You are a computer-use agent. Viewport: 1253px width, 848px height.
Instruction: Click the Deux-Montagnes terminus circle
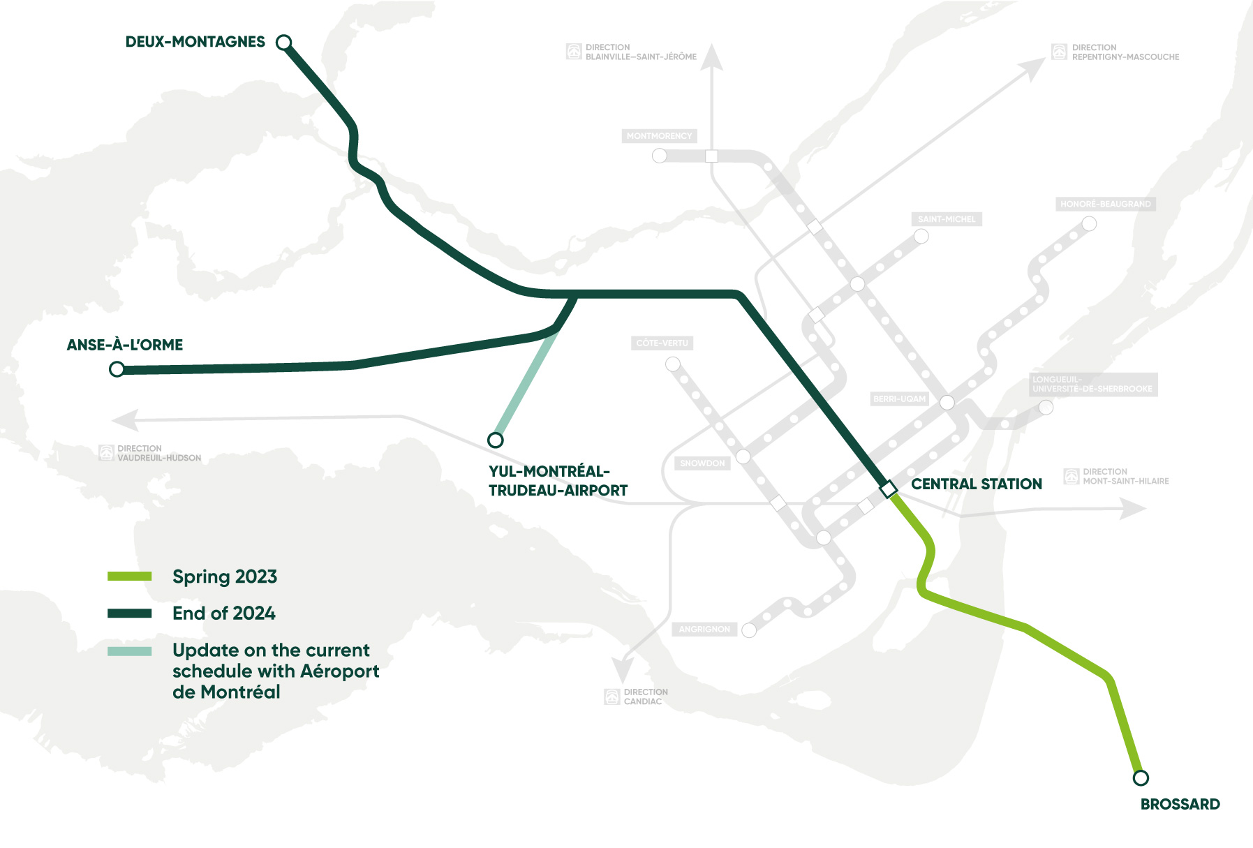click(x=283, y=43)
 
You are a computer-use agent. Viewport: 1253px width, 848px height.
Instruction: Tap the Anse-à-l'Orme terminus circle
click(x=117, y=369)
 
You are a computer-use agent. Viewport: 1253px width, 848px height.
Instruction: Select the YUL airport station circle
click(x=496, y=440)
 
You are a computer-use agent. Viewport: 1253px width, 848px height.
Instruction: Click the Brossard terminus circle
click(x=1141, y=778)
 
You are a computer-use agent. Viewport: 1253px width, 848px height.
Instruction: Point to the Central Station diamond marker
click(x=888, y=489)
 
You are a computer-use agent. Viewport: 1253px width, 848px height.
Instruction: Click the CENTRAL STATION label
click(x=976, y=484)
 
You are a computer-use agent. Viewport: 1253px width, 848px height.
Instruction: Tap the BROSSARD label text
click(x=1180, y=804)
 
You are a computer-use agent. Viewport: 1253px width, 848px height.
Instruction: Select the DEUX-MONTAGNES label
click(x=195, y=42)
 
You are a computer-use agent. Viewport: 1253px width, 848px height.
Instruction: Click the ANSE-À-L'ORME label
click(x=125, y=345)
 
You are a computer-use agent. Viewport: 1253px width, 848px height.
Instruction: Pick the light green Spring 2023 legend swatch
click(x=130, y=577)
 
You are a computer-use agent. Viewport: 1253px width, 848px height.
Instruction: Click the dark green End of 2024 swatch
click(x=130, y=613)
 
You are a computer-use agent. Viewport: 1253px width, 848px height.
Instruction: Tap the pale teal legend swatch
click(x=130, y=651)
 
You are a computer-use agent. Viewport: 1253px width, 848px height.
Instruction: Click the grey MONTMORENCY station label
click(x=659, y=136)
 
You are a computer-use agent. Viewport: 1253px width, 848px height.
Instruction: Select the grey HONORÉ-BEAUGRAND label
click(x=1105, y=204)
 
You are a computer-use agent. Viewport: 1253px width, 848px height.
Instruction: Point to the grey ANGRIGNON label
click(x=704, y=629)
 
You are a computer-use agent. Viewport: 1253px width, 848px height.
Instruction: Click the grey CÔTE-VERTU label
click(x=662, y=343)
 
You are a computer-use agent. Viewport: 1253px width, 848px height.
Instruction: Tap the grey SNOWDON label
click(x=702, y=463)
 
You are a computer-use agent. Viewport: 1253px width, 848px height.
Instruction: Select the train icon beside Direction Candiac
click(x=612, y=697)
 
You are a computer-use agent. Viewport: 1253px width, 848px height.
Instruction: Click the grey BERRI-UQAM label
click(x=899, y=399)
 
